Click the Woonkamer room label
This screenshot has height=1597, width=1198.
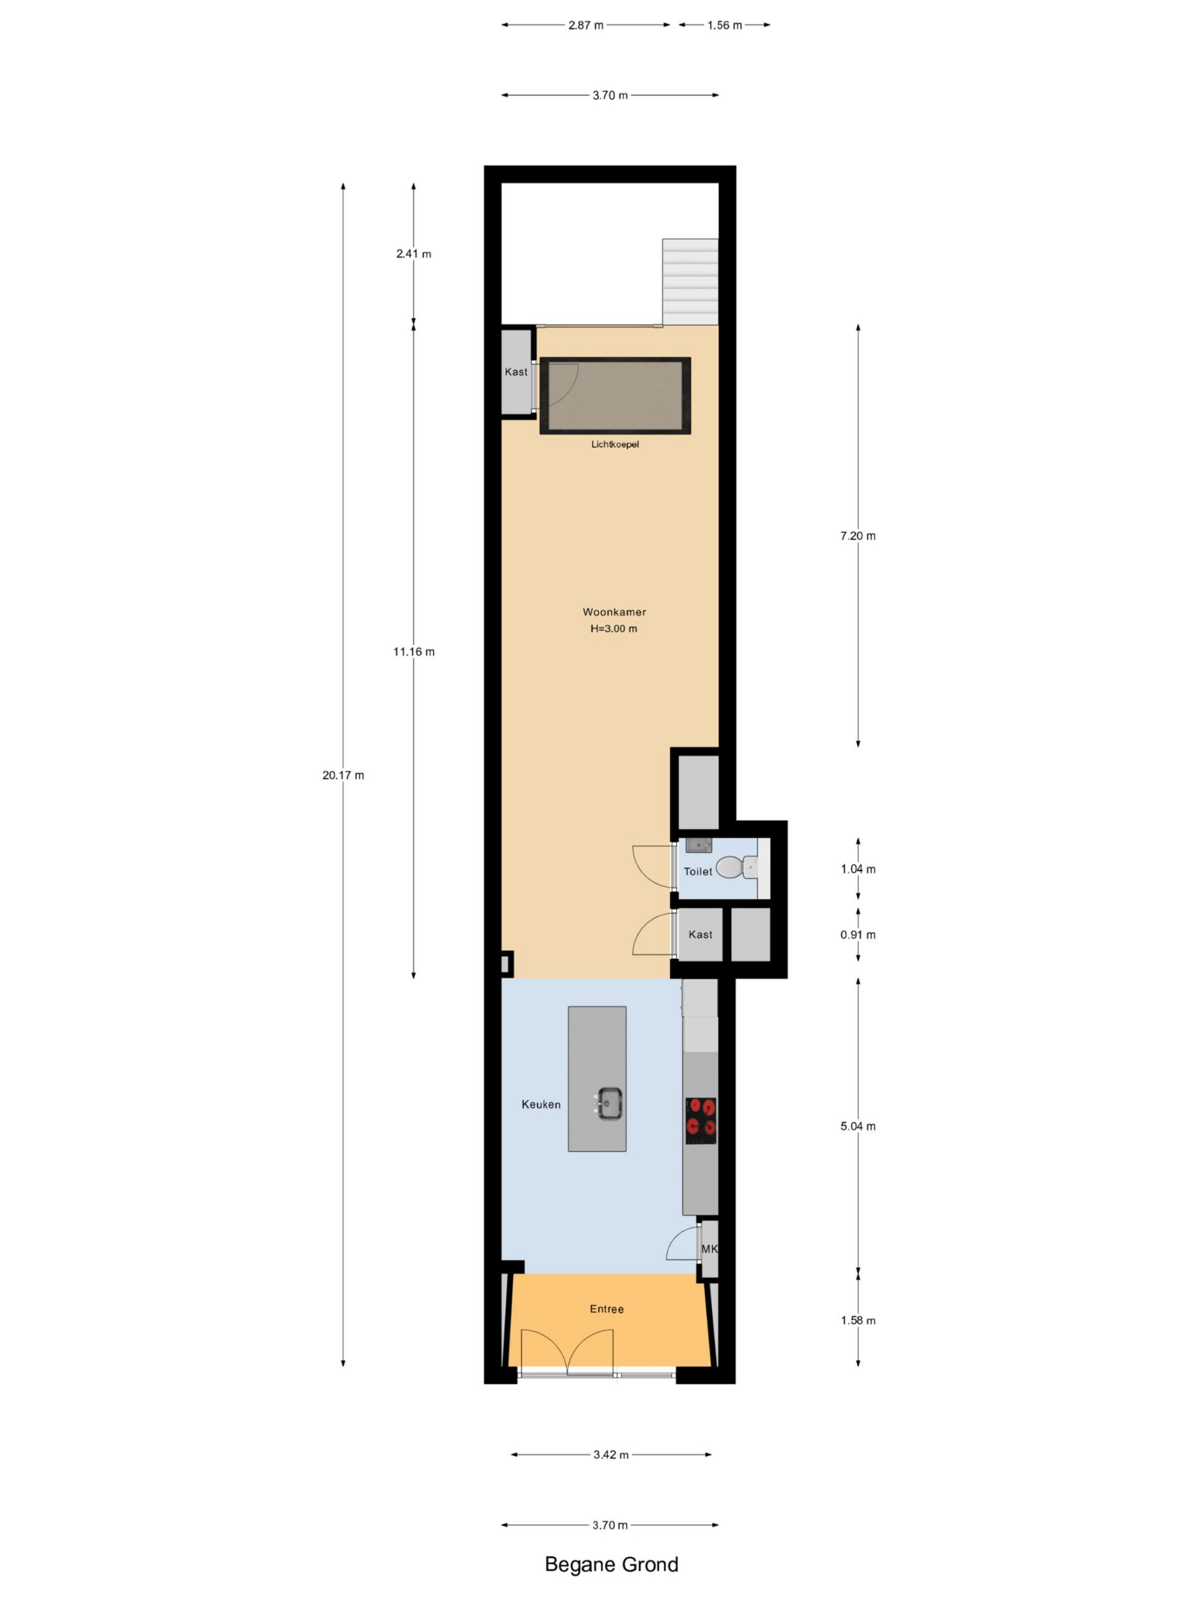click(614, 611)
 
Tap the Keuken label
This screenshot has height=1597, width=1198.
click(541, 1104)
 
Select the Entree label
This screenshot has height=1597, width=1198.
click(606, 1309)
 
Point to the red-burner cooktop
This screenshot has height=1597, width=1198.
click(701, 1120)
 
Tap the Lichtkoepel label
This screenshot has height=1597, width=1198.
click(615, 444)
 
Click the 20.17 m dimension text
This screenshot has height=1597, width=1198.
click(343, 775)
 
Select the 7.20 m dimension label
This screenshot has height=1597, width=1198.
click(858, 536)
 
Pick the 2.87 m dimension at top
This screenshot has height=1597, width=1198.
click(586, 26)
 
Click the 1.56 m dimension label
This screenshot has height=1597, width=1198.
click(724, 26)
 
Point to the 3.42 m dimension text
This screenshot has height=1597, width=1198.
click(611, 1455)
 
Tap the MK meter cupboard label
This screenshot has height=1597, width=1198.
click(709, 1249)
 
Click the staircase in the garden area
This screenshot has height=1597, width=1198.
click(690, 281)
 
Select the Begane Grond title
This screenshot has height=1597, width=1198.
click(611, 1564)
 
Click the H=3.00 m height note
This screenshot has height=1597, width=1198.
click(614, 628)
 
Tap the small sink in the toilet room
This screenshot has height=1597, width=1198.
click(698, 845)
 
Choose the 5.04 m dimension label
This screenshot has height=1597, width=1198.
click(858, 1126)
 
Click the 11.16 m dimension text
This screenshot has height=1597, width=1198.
click(414, 652)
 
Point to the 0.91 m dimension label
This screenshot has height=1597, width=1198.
click(858, 935)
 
